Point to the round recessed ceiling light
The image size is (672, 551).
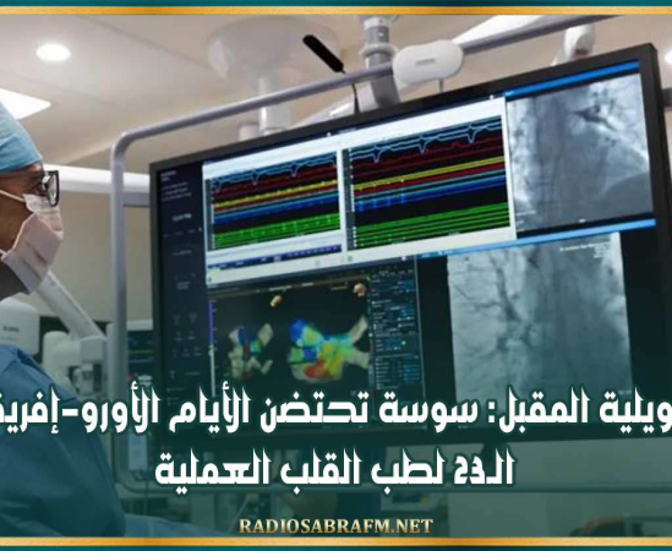point(53,52)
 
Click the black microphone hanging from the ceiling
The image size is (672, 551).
point(324,53)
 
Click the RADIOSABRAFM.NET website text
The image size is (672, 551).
point(335,526)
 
